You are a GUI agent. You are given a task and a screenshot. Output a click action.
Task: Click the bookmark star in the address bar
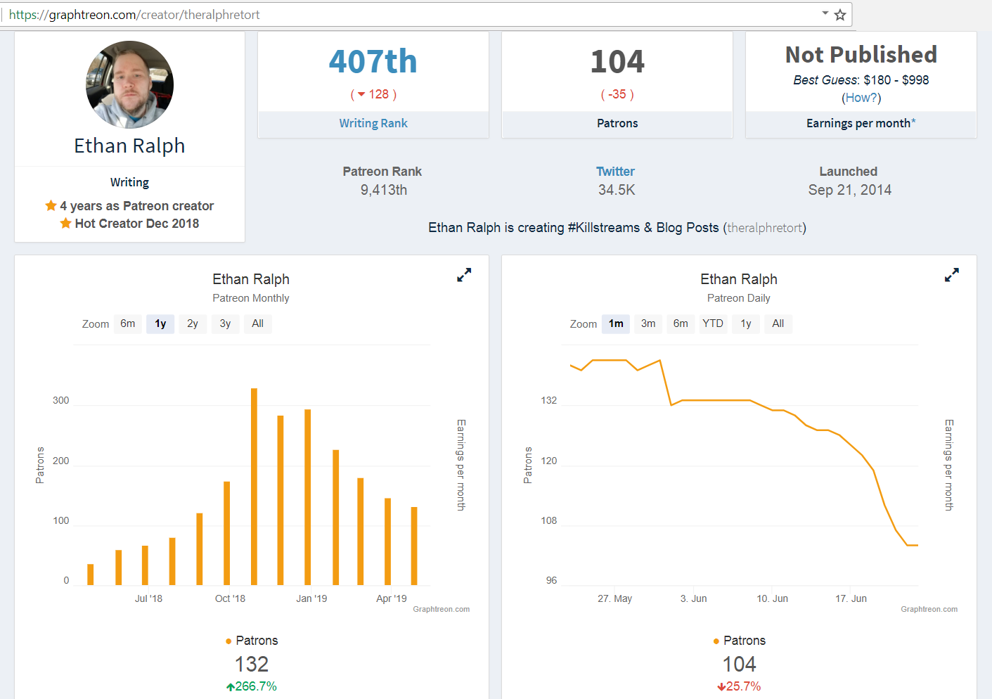839,15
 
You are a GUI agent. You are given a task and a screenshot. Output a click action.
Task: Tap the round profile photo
130,84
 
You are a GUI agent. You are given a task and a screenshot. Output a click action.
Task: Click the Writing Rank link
373,123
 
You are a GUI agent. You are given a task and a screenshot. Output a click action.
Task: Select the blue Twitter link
615,172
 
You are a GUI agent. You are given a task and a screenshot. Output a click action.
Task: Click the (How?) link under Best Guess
861,98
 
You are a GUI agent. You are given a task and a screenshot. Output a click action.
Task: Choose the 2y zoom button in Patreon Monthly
192,323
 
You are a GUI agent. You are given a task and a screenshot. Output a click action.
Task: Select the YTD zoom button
713,323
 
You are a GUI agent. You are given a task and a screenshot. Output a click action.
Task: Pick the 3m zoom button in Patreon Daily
648,323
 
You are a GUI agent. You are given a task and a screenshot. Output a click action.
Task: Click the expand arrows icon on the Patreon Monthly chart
464,275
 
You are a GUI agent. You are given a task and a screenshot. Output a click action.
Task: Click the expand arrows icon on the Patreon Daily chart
952,275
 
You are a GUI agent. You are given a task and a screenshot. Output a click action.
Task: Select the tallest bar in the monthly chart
255,487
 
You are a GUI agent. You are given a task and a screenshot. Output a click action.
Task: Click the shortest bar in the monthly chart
91,575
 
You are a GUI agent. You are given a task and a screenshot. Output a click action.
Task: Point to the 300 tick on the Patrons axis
60,400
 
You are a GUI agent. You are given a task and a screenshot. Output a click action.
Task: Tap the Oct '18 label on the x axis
230,598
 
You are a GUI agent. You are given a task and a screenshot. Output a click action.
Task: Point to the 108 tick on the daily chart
548,520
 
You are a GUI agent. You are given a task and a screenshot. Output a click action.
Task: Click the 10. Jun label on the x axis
773,598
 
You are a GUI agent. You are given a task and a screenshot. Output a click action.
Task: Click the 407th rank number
373,61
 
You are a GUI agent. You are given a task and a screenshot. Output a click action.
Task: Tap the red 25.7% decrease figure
739,686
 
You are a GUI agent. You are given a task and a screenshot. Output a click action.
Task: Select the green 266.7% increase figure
252,686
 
